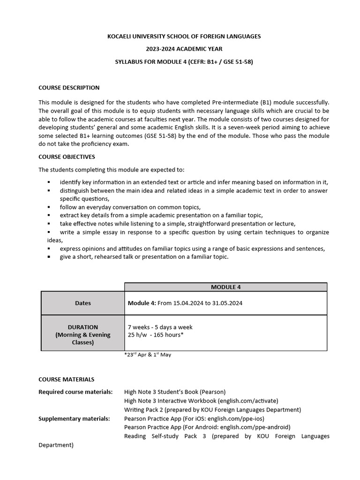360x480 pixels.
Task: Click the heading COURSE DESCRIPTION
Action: pyautogui.click(x=69, y=88)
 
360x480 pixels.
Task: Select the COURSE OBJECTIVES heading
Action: pyautogui.click(x=67, y=157)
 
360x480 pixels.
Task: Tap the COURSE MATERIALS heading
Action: pyautogui.click(x=66, y=379)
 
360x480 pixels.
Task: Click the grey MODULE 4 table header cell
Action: pyautogui.click(x=225, y=287)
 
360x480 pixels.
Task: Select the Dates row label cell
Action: pyautogui.click(x=83, y=303)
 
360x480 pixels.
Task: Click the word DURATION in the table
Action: pyautogui.click(x=83, y=327)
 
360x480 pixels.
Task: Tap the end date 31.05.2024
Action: pyautogui.click(x=227, y=303)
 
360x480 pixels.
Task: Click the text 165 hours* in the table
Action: pyautogui.click(x=168, y=335)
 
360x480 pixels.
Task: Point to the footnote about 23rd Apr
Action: pyautogui.click(x=148, y=355)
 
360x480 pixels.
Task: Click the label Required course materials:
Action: pyautogui.click(x=75, y=392)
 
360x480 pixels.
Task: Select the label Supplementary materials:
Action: pyautogui.click(x=74, y=419)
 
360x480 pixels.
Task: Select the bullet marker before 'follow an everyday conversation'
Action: pyautogui.click(x=49, y=207)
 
